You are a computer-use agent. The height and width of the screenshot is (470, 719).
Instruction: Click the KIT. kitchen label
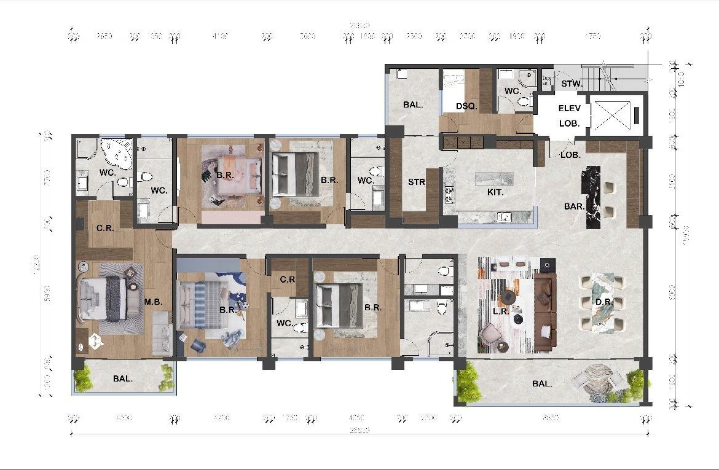coord(495,192)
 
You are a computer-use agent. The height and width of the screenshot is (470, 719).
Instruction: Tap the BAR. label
coord(575,207)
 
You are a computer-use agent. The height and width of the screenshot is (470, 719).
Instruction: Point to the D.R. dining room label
coord(602,302)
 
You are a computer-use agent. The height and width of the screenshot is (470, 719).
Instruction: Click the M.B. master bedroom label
coord(153,302)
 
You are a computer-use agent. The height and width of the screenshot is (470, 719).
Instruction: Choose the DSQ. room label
coord(466,106)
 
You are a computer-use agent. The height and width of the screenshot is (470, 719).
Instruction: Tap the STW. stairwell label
coord(567,83)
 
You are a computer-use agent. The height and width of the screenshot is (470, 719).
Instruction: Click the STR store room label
coord(417,182)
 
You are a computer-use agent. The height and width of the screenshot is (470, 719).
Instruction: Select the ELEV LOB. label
coord(569,116)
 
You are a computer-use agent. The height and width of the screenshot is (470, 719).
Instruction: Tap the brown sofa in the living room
coord(544,312)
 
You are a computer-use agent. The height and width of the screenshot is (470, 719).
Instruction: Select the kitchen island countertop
coord(494,178)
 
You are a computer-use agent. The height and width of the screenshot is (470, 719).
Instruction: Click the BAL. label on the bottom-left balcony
coord(123,379)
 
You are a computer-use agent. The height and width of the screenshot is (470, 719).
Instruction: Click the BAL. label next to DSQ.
coord(413,105)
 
